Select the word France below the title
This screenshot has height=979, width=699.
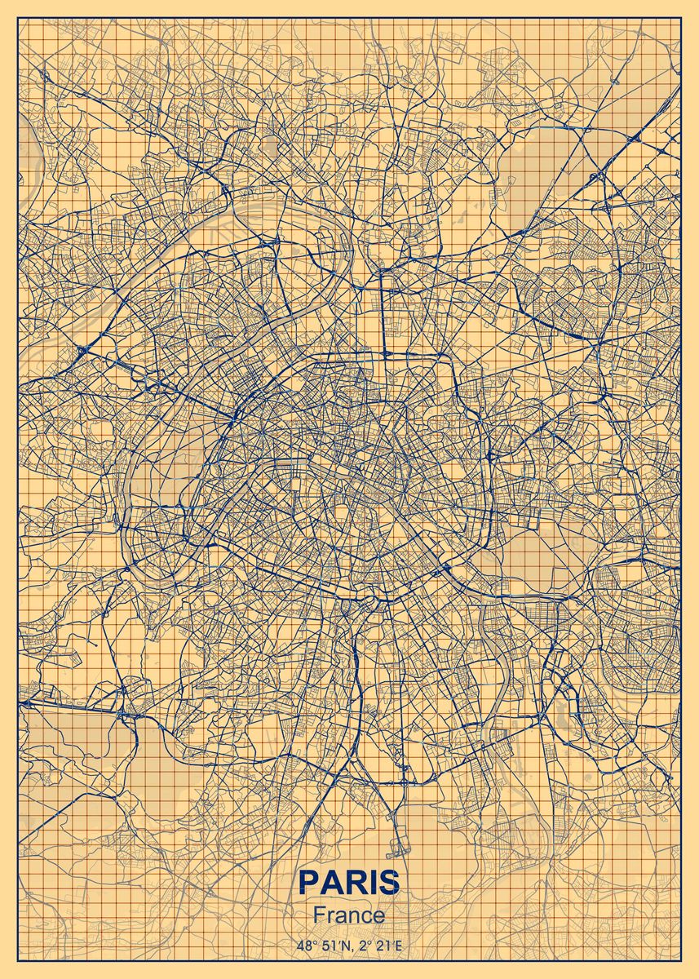coord(349,915)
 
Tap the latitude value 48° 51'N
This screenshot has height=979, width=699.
coord(319,946)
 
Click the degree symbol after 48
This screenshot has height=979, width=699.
coord(312,942)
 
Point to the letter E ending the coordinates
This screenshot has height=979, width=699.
coord(399,946)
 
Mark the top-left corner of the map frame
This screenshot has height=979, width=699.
coord(18,19)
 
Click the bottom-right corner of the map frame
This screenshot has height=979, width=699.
coord(680,960)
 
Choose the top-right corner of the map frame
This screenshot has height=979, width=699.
coord(680,19)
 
